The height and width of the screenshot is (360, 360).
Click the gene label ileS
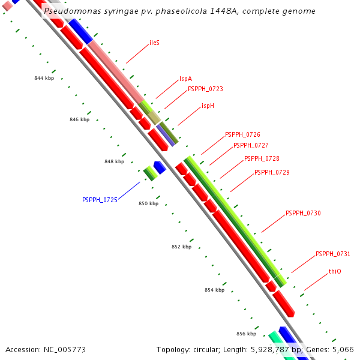coord(154,43)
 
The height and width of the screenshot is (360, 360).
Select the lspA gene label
coord(185,79)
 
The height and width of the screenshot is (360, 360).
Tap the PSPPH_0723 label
coord(205,89)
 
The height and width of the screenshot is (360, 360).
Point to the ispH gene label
coord(208,106)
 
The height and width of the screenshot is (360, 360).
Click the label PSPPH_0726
coord(242,135)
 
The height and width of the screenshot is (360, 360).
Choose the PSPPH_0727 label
coord(251,145)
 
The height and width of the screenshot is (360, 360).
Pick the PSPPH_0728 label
coord(262,159)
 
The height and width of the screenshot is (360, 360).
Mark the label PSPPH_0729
coord(272,173)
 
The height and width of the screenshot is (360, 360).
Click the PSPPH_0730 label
coord(303,214)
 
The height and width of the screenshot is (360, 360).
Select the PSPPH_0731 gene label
coord(333,254)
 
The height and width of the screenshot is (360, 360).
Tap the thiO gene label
coord(335,272)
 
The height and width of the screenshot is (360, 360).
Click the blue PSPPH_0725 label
coord(100,200)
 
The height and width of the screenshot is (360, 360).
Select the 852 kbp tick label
coord(181,247)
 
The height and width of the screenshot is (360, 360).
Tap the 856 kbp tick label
coord(246,334)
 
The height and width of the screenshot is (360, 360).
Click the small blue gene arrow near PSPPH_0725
coord(160,166)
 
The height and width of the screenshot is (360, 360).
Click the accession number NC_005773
coord(65,349)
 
